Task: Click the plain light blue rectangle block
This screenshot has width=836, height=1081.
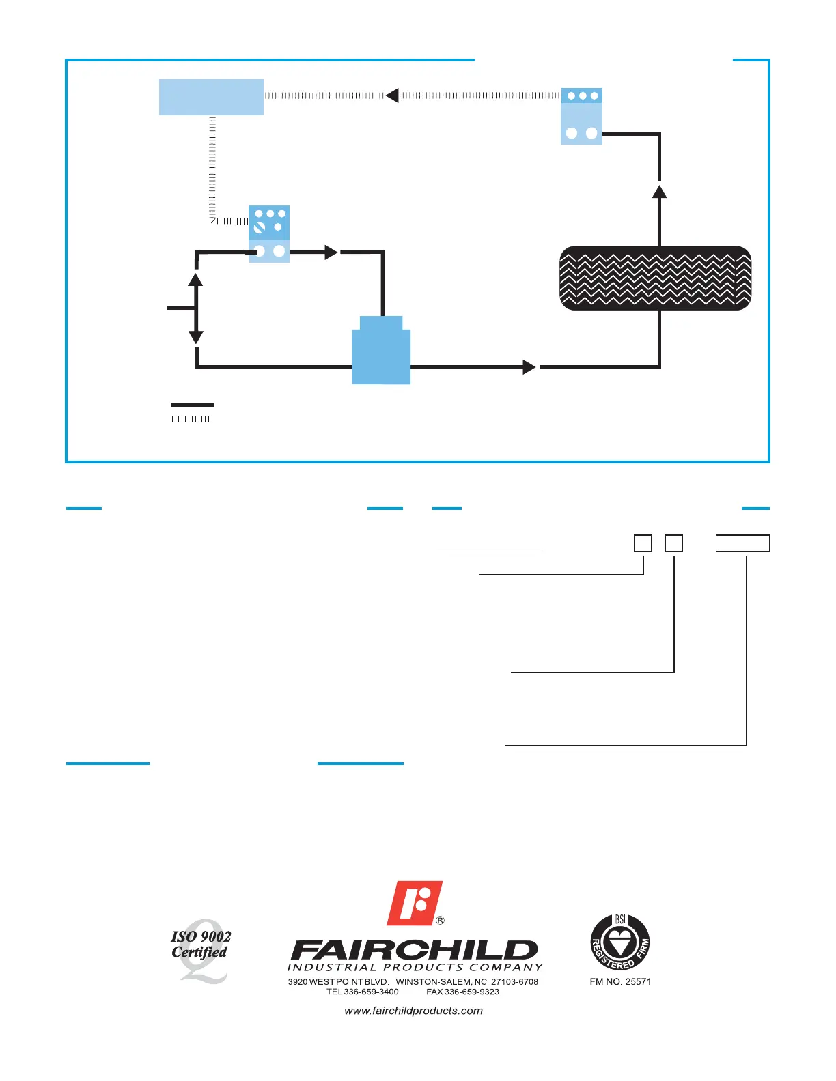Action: pyautogui.click(x=211, y=97)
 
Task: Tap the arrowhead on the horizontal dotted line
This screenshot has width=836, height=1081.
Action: pyautogui.click(x=392, y=96)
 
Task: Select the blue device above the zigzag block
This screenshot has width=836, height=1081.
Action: pyautogui.click(x=581, y=116)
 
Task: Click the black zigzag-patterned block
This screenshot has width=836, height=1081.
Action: pyautogui.click(x=656, y=278)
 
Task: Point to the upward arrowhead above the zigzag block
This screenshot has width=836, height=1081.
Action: pyautogui.click(x=659, y=191)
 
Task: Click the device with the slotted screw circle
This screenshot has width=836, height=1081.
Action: pyautogui.click(x=269, y=233)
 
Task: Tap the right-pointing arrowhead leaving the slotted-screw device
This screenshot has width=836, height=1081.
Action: pyautogui.click(x=331, y=252)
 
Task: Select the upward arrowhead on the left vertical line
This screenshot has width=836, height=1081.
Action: pyautogui.click(x=196, y=279)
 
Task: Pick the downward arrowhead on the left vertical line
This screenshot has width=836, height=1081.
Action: pyautogui.click(x=196, y=337)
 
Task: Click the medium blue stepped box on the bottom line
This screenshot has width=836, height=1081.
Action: pyautogui.click(x=381, y=351)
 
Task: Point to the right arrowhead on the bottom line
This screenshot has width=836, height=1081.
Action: pyautogui.click(x=529, y=367)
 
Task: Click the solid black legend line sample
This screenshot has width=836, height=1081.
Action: pyautogui.click(x=193, y=405)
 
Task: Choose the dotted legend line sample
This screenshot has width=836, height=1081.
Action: pyautogui.click(x=193, y=419)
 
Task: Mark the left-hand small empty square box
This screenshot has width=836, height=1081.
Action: pyautogui.click(x=643, y=543)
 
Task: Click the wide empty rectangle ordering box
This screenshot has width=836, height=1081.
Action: pyautogui.click(x=742, y=543)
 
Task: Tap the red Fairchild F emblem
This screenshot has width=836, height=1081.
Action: pyautogui.click(x=415, y=903)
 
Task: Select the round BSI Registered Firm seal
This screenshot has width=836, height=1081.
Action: pyautogui.click(x=620, y=942)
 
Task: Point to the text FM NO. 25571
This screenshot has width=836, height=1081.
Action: pyautogui.click(x=620, y=981)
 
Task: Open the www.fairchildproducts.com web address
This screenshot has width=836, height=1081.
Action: pyautogui.click(x=414, y=1011)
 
